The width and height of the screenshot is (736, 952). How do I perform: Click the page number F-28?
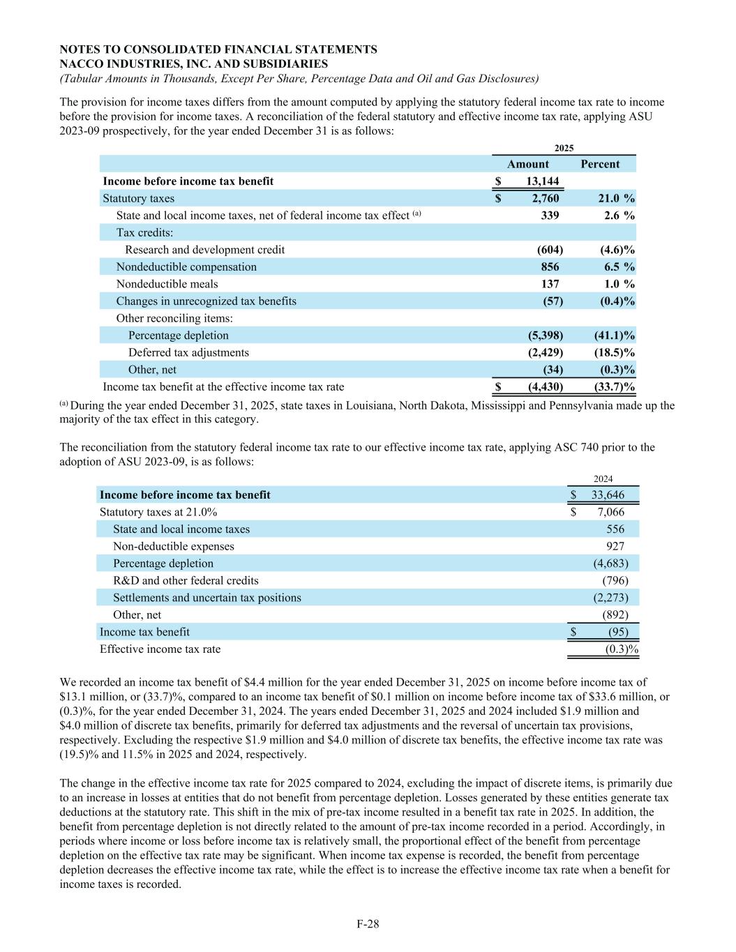coord(368,924)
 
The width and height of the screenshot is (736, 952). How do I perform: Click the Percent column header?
coord(599,164)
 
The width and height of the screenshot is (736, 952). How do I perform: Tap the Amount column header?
coord(527,164)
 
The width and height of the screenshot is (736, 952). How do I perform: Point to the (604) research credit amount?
coord(546,250)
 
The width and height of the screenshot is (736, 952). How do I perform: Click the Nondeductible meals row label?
coord(167,284)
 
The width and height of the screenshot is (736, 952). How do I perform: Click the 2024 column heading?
coord(603,479)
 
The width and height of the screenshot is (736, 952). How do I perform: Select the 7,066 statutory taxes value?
coord(611,512)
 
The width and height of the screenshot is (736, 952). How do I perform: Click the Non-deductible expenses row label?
coord(174,546)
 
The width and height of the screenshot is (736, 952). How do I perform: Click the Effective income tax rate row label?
coord(160,649)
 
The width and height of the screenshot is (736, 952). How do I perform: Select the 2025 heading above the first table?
coord(564,148)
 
